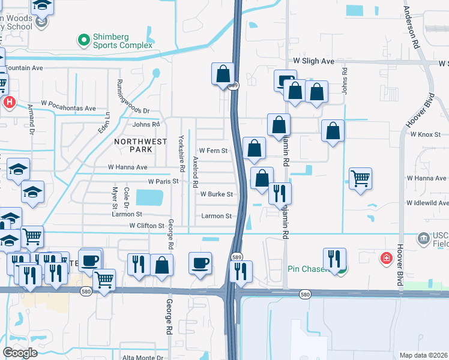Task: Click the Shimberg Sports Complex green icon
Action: (83, 40)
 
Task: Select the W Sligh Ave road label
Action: (313, 61)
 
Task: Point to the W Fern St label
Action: (214, 151)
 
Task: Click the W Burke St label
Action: (216, 194)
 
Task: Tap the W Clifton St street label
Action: (147, 226)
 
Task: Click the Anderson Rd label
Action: (412, 27)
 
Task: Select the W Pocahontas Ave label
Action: (68, 109)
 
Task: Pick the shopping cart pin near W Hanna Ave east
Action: (360, 178)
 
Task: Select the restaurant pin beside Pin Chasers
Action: (334, 259)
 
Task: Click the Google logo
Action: (20, 352)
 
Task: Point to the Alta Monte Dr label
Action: (142, 358)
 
